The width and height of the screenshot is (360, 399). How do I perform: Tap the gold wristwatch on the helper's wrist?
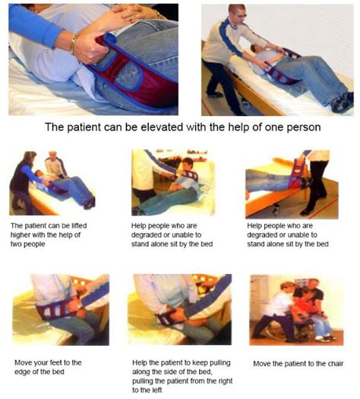point(73,42)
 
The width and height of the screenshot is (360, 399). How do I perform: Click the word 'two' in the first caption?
point(16,244)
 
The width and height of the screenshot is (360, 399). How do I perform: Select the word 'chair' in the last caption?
point(336,363)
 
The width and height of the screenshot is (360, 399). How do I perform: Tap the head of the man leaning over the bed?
point(237,14)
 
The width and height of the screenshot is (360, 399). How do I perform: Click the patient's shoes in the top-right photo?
point(343,102)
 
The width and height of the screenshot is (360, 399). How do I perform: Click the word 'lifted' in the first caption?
point(79,226)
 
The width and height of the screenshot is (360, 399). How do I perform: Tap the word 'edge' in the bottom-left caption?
point(22,372)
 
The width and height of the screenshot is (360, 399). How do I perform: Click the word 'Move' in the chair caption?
point(262,363)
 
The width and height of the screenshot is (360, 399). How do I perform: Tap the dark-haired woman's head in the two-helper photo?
point(30,158)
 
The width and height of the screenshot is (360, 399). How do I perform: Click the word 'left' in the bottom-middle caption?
point(156,390)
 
